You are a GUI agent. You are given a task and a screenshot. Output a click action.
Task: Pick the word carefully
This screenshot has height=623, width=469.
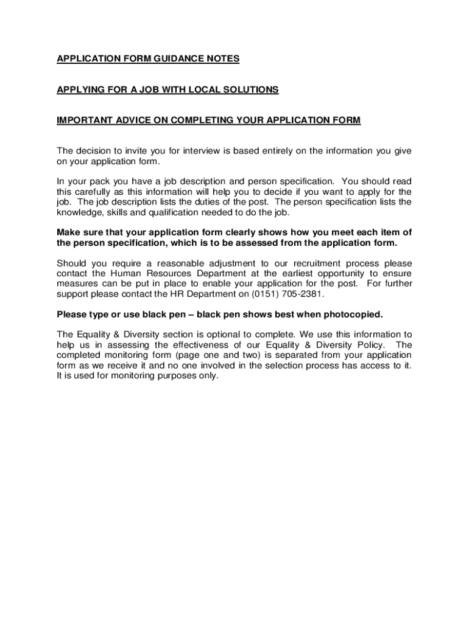(x=96, y=192)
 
